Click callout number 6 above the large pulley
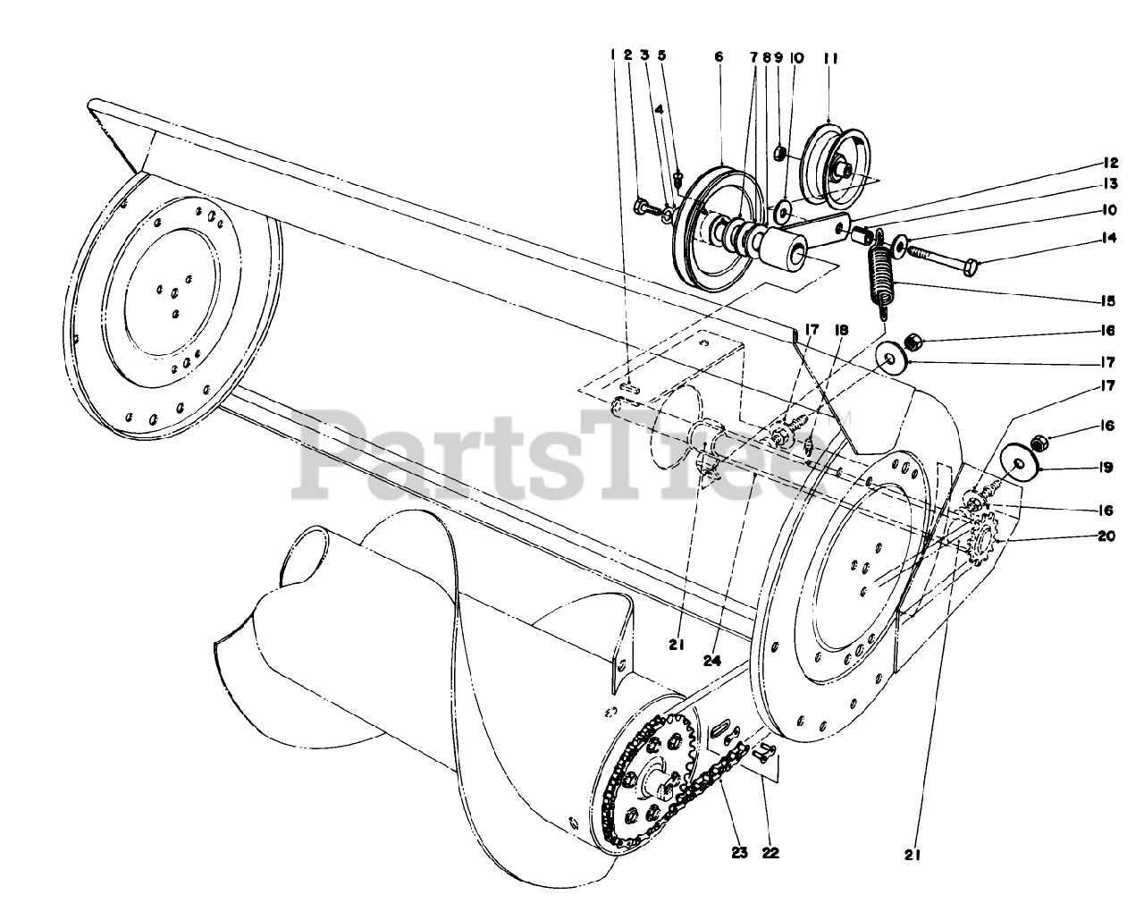coord(718,55)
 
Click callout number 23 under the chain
coord(738,852)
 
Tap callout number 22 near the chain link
coord(770,852)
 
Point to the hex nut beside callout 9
coord(779,154)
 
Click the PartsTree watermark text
coord(554,456)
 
